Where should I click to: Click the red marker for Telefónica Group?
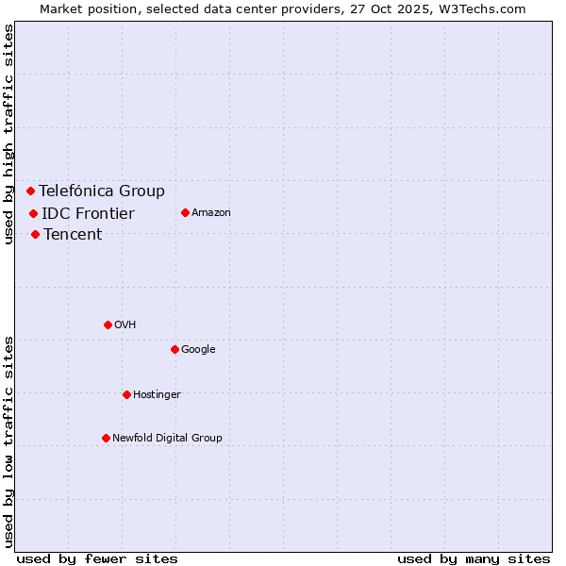coord(30,191)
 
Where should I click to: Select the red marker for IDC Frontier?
coord(33,213)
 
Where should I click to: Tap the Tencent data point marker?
coord(35,234)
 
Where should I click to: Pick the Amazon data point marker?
coord(185,212)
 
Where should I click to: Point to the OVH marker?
coord(108,325)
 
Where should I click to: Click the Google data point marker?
coord(175,349)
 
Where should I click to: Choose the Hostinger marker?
coord(126,394)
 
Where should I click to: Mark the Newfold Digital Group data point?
coord(106,438)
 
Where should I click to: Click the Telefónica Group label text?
coord(102,191)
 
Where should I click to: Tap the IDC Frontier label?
coord(88,213)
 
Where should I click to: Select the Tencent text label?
coord(73,234)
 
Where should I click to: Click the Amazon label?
coord(211,212)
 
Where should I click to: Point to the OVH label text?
coord(125,325)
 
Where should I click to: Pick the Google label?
coord(198,349)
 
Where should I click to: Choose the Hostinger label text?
coord(157,394)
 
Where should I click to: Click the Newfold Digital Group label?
coord(167,438)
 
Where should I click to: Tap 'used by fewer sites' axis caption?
coord(97,558)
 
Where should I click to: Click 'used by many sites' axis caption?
coord(474,558)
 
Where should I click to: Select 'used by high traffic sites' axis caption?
coord(9,134)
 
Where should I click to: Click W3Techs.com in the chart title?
coord(485,8)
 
